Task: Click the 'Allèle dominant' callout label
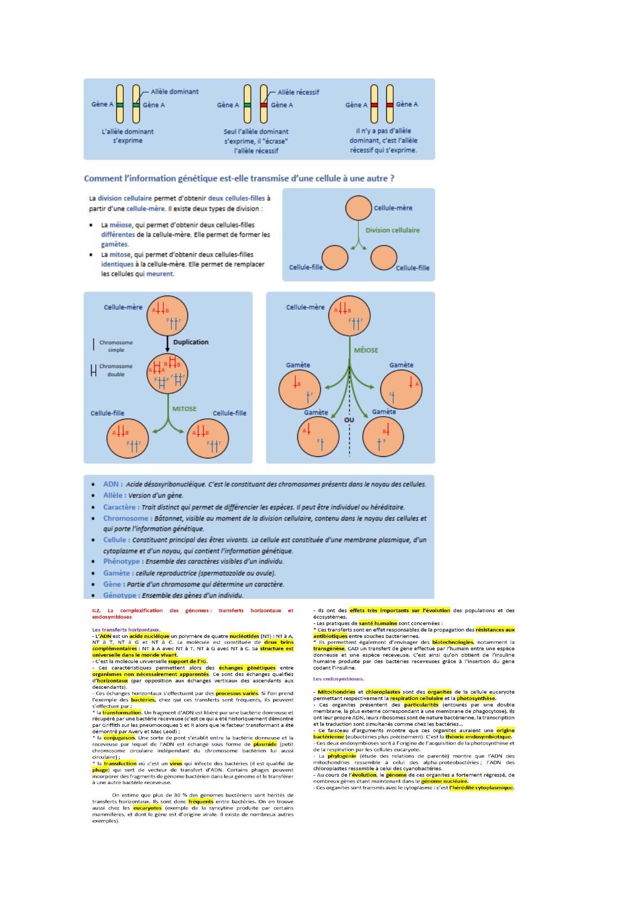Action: [x=175, y=92]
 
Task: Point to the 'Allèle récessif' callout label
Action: [x=298, y=92]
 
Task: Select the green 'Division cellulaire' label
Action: [x=393, y=230]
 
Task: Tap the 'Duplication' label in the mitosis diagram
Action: [x=191, y=342]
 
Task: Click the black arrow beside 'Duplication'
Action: [x=168, y=343]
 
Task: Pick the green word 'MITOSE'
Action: [x=184, y=409]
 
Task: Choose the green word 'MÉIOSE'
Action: [x=366, y=350]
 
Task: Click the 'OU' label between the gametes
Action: [x=349, y=420]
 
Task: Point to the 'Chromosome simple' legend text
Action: [x=116, y=346]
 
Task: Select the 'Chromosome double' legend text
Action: [x=116, y=370]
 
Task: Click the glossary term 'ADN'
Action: [x=112, y=484]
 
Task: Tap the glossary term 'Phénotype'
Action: [x=123, y=561]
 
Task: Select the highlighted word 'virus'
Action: [x=176, y=763]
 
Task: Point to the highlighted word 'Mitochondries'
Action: [x=336, y=691]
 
